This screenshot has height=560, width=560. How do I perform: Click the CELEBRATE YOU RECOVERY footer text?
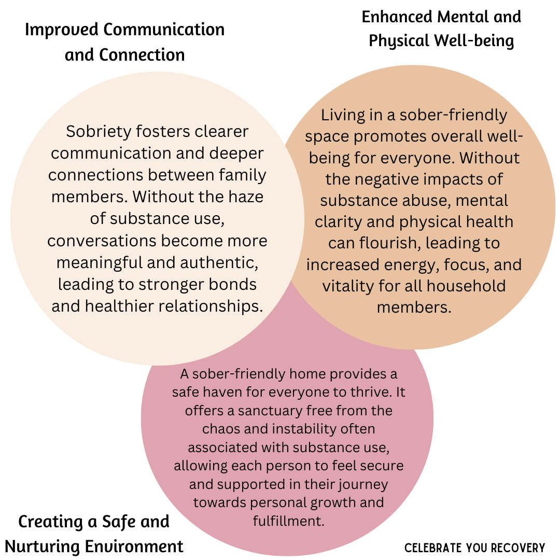[474, 548]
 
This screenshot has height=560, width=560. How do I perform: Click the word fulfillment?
[288, 521]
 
